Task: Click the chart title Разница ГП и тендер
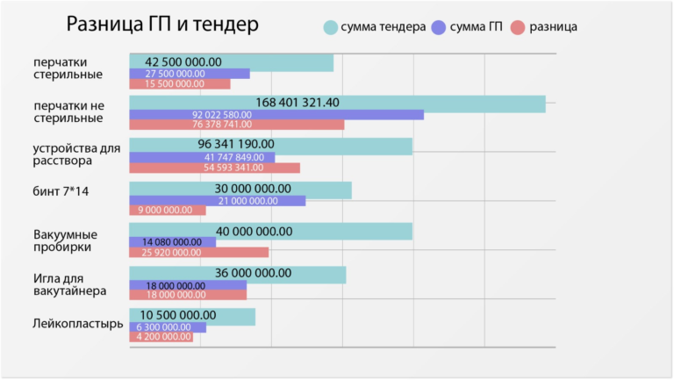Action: [x=162, y=25]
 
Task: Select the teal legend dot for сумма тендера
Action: [x=330, y=27]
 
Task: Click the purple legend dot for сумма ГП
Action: [x=439, y=27]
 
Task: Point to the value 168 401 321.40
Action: [x=297, y=103]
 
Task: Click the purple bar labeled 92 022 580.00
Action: [x=276, y=115]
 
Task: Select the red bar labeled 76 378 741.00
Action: [x=237, y=125]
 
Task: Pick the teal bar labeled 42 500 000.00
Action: [x=231, y=62]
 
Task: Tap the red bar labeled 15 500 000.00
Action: [x=180, y=84]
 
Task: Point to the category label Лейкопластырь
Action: [x=78, y=324]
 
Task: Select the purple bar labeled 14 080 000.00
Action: [x=172, y=242]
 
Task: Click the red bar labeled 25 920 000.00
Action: [x=198, y=253]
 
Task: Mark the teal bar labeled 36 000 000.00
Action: [x=237, y=274]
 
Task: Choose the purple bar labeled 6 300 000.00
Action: [x=168, y=327]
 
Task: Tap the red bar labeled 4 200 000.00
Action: [x=161, y=337]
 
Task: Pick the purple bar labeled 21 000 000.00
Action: [x=218, y=201]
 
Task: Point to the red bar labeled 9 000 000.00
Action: [x=167, y=211]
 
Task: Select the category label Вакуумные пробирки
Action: [x=66, y=241]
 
